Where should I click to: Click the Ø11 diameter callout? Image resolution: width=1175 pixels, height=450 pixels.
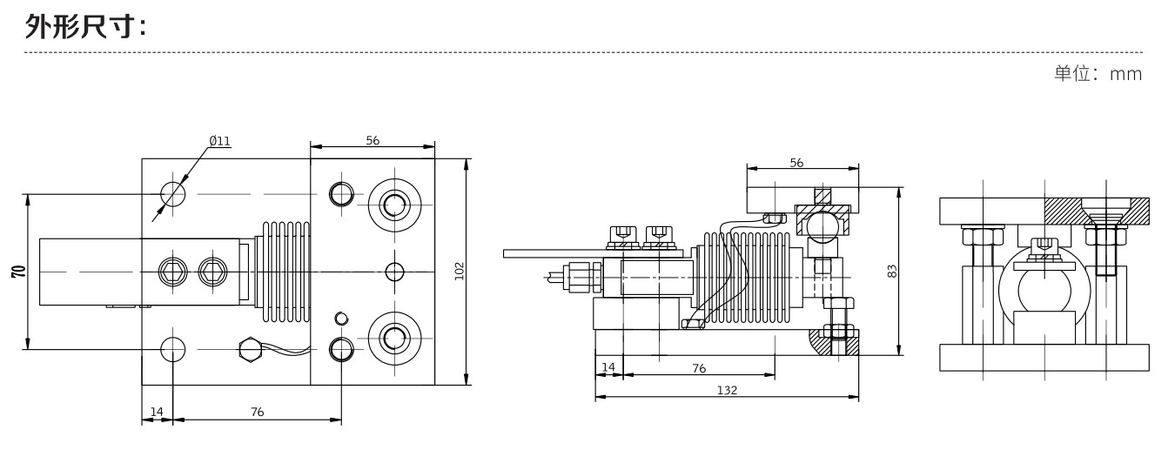(219, 140)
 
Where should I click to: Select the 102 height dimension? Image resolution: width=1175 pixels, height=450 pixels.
(460, 271)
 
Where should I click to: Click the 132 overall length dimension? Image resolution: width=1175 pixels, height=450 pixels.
(727, 391)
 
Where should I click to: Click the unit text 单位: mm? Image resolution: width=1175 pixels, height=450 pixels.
(1097, 74)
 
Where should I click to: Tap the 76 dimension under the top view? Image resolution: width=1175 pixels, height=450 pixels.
(257, 412)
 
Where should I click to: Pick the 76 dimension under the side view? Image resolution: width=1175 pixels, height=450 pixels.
(698, 368)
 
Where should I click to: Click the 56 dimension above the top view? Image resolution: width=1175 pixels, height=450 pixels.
(373, 140)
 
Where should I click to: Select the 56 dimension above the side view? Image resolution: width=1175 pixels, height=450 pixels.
(796, 162)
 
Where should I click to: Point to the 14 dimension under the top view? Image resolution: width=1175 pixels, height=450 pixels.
(158, 412)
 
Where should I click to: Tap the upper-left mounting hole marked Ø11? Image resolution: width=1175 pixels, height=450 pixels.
(173, 193)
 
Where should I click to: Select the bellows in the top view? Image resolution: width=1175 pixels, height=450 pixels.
(285, 271)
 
